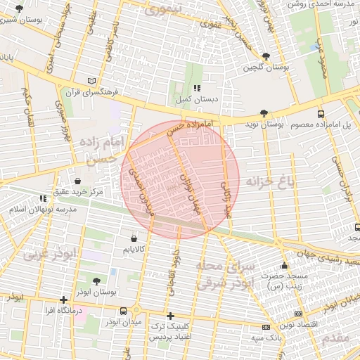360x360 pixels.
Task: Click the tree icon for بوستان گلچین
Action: coord(265,56)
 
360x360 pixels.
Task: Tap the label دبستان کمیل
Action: coord(197,101)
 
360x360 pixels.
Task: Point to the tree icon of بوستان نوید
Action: coord(264,112)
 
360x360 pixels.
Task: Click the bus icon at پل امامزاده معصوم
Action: coord(321,113)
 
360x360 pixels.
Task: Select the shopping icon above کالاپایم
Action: coord(134,237)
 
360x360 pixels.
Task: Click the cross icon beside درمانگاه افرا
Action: coord(64,299)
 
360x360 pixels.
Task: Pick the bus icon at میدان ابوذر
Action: coord(124,311)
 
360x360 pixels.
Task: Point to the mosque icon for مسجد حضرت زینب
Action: coord(284,266)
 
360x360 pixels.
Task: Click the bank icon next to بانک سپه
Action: coord(265,327)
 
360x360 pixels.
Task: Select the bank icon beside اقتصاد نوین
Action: coord(298,314)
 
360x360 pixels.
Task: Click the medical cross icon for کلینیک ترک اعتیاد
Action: coord(169,316)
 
